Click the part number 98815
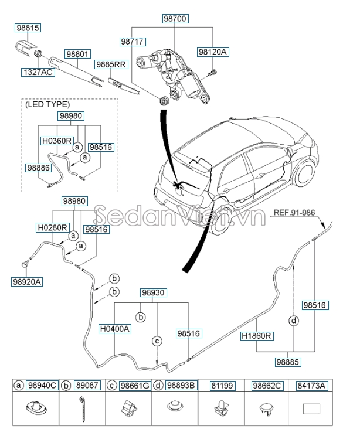(28, 28)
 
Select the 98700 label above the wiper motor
(175, 19)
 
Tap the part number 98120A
(212, 52)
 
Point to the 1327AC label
(38, 72)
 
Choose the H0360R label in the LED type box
(56, 141)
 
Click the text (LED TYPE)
(47, 104)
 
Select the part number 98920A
(27, 281)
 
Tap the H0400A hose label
(114, 329)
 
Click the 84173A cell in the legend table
(311, 385)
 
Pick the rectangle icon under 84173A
(311, 408)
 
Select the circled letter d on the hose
(294, 321)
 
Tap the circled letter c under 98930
(157, 341)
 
